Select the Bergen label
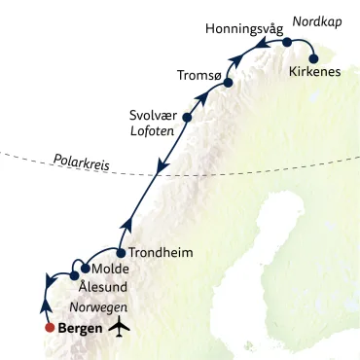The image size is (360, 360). [x=83, y=327]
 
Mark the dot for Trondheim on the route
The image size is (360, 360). [x=121, y=253]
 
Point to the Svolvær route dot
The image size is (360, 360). [x=187, y=119]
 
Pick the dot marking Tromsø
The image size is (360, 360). [x=228, y=84]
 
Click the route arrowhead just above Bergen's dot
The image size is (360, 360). [x=44, y=305]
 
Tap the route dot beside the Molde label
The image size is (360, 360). [x=85, y=269]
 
